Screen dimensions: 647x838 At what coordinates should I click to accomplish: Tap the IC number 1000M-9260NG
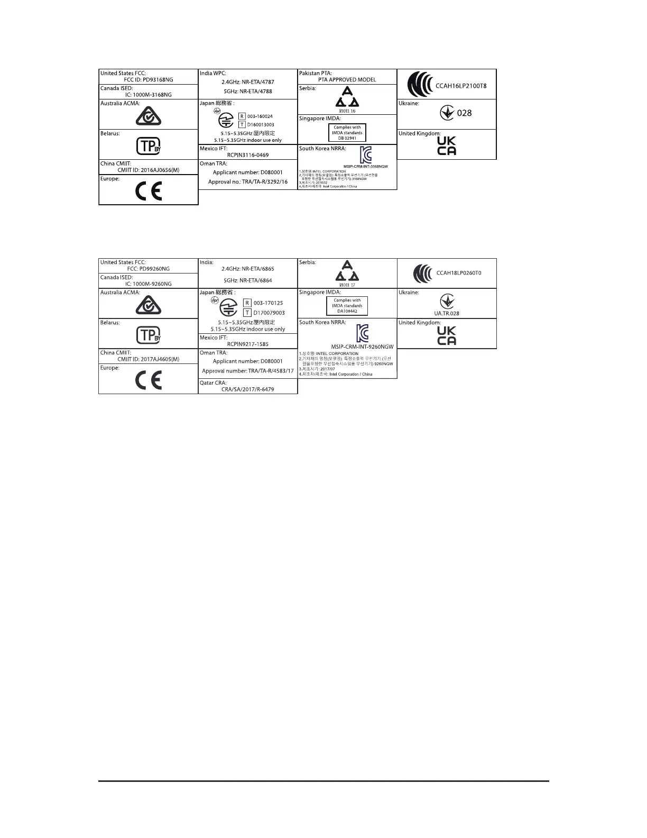point(144,284)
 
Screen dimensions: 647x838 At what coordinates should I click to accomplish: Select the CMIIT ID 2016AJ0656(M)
point(149,170)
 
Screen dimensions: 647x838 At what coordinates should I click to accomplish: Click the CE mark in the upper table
point(149,192)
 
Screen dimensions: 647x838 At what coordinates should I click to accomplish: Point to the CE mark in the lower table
point(149,380)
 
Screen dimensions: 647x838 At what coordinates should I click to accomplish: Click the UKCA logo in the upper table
point(447,145)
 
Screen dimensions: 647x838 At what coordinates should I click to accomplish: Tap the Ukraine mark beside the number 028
point(447,113)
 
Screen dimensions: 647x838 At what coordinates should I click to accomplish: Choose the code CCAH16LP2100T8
point(461,86)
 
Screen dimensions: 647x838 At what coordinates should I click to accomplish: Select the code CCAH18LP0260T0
point(458,274)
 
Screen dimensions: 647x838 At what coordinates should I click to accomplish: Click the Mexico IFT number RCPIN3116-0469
point(248,155)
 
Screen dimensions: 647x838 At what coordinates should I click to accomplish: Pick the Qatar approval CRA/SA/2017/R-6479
point(248,389)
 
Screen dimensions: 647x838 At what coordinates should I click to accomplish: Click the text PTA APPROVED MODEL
point(347,80)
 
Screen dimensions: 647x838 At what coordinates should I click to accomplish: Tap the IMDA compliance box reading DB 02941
point(347,132)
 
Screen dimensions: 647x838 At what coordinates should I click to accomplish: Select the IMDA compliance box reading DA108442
point(347,306)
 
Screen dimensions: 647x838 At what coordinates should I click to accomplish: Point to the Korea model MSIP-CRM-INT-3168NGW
point(362,166)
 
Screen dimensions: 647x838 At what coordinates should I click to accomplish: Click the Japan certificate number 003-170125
point(268,303)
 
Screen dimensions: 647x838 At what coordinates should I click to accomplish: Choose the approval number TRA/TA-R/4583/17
point(248,371)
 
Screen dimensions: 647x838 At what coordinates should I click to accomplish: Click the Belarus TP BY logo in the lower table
point(149,335)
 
